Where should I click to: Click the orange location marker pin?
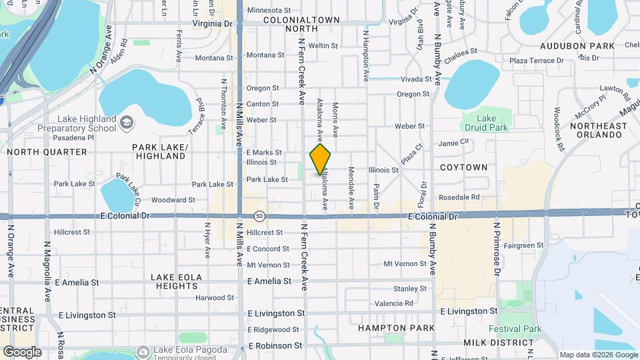point(320,159)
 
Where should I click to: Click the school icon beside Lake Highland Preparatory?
point(127,123)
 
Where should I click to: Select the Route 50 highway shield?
point(259,216)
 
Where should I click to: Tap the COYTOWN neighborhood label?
point(463,167)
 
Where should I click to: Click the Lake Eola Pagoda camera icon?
point(143,351)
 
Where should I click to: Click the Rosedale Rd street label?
point(459,197)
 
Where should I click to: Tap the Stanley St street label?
point(409,289)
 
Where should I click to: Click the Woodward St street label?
point(173,199)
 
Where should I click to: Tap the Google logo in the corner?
point(22,352)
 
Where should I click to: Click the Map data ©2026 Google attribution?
point(599,355)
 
